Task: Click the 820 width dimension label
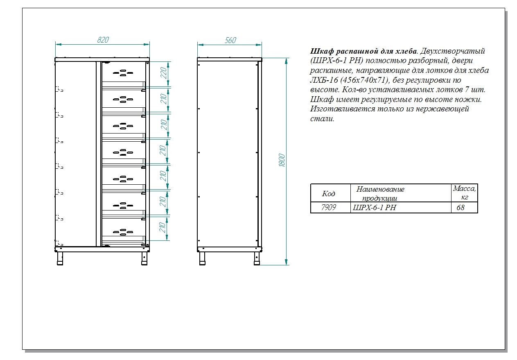[x=103, y=40]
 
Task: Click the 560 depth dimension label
[x=230, y=41]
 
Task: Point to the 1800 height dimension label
[x=282, y=160]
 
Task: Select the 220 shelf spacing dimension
[x=164, y=73]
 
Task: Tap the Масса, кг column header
[x=464, y=193]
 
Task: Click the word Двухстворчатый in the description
[x=452, y=51]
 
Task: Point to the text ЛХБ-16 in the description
[x=324, y=80]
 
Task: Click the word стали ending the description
[x=322, y=119]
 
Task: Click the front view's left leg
[x=60, y=258]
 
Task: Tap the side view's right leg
[x=257, y=258]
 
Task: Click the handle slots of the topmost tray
[x=123, y=73]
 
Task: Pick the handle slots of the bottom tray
[x=123, y=232]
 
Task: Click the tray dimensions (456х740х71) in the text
[x=364, y=80]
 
